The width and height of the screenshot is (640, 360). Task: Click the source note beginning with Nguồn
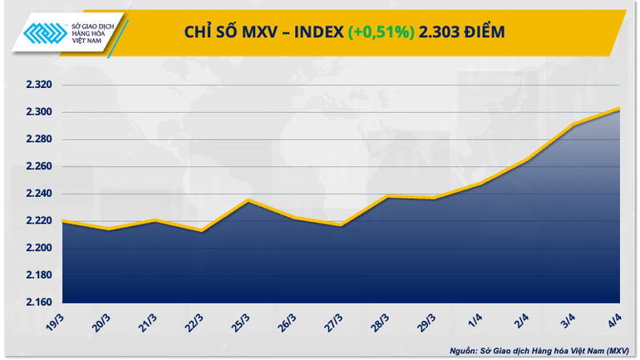pyautogui.click(x=539, y=349)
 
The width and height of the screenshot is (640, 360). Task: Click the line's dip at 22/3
pyautogui.click(x=203, y=230)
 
